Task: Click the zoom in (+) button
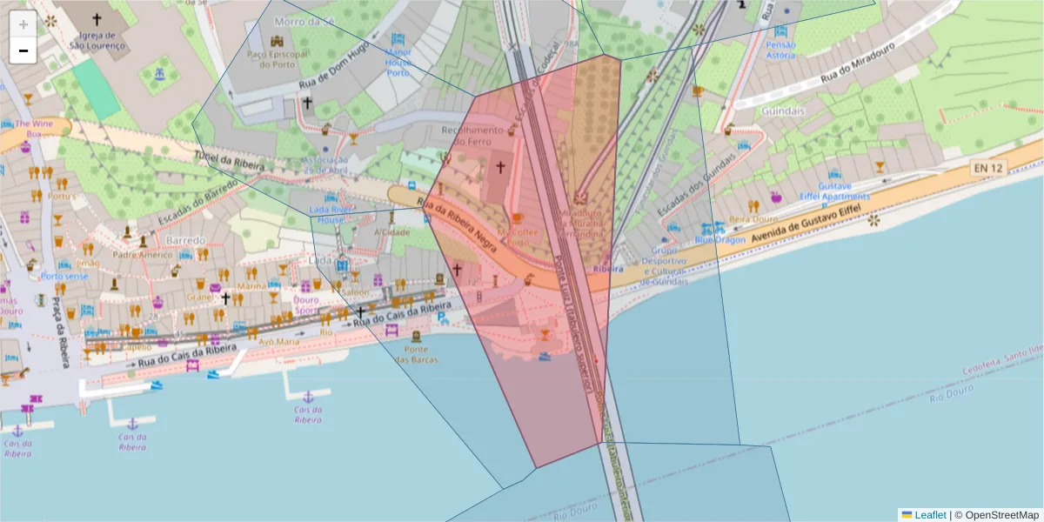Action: (x=23, y=23)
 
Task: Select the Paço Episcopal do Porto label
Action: (x=278, y=59)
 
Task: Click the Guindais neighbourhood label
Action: (x=782, y=111)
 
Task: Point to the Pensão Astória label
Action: (x=780, y=50)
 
